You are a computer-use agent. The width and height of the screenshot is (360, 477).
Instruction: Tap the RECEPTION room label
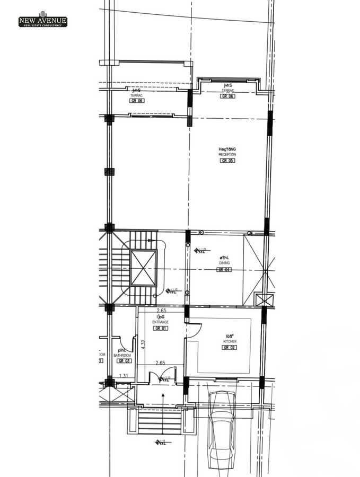point(227,154)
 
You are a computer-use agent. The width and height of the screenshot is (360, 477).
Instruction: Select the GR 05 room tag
point(227,161)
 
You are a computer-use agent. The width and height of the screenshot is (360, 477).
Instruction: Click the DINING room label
point(224,263)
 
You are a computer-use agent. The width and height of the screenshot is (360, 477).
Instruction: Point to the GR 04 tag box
point(224,270)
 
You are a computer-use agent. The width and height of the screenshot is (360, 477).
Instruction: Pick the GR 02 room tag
point(230,348)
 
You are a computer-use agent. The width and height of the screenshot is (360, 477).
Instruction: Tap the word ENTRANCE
point(160,322)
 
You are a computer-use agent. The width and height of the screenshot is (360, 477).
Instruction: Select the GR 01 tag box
point(160,329)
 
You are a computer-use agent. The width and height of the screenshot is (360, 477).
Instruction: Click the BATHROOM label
point(122,355)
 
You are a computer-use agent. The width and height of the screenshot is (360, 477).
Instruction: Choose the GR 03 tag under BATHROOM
point(124,361)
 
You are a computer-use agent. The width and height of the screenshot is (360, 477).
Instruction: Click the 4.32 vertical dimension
point(143,344)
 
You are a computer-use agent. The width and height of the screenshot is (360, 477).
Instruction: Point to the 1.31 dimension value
point(124,376)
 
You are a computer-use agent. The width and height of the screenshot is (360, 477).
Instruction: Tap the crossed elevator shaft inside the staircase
point(143,268)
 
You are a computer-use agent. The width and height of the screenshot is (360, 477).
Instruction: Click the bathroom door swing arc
point(127,342)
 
